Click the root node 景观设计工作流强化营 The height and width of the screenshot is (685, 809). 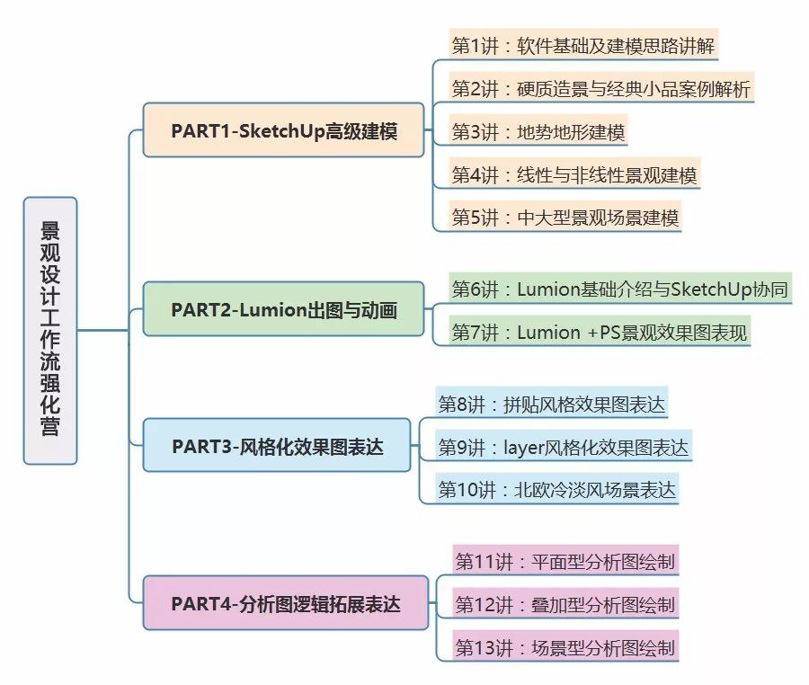click(x=50, y=330)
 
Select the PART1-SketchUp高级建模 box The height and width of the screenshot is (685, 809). click(x=283, y=130)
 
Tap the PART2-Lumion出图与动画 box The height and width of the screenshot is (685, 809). click(x=283, y=309)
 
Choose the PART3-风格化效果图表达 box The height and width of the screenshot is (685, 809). click(x=277, y=445)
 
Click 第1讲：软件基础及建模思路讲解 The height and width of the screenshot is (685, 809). click(x=583, y=45)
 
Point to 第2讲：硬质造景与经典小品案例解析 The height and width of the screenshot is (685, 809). click(x=600, y=88)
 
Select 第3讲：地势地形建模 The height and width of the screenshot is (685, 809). click(x=538, y=131)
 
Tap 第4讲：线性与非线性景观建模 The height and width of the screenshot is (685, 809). click(x=573, y=174)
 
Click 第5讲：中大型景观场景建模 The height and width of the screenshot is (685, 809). click(x=565, y=218)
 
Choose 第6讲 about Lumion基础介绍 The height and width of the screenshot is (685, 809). click(x=620, y=289)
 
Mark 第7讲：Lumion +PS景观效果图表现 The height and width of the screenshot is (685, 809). click(x=599, y=332)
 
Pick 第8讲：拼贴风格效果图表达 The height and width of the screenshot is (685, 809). click(x=552, y=404)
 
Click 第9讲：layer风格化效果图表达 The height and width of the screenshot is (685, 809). click(x=563, y=447)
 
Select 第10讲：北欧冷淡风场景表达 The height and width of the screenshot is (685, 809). click(x=556, y=490)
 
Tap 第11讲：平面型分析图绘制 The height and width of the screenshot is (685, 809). click(x=565, y=562)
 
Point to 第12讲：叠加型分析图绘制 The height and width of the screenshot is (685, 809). click(x=565, y=604)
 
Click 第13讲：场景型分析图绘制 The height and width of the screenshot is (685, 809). click(x=565, y=647)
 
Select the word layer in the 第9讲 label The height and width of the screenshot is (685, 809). click(x=524, y=447)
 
